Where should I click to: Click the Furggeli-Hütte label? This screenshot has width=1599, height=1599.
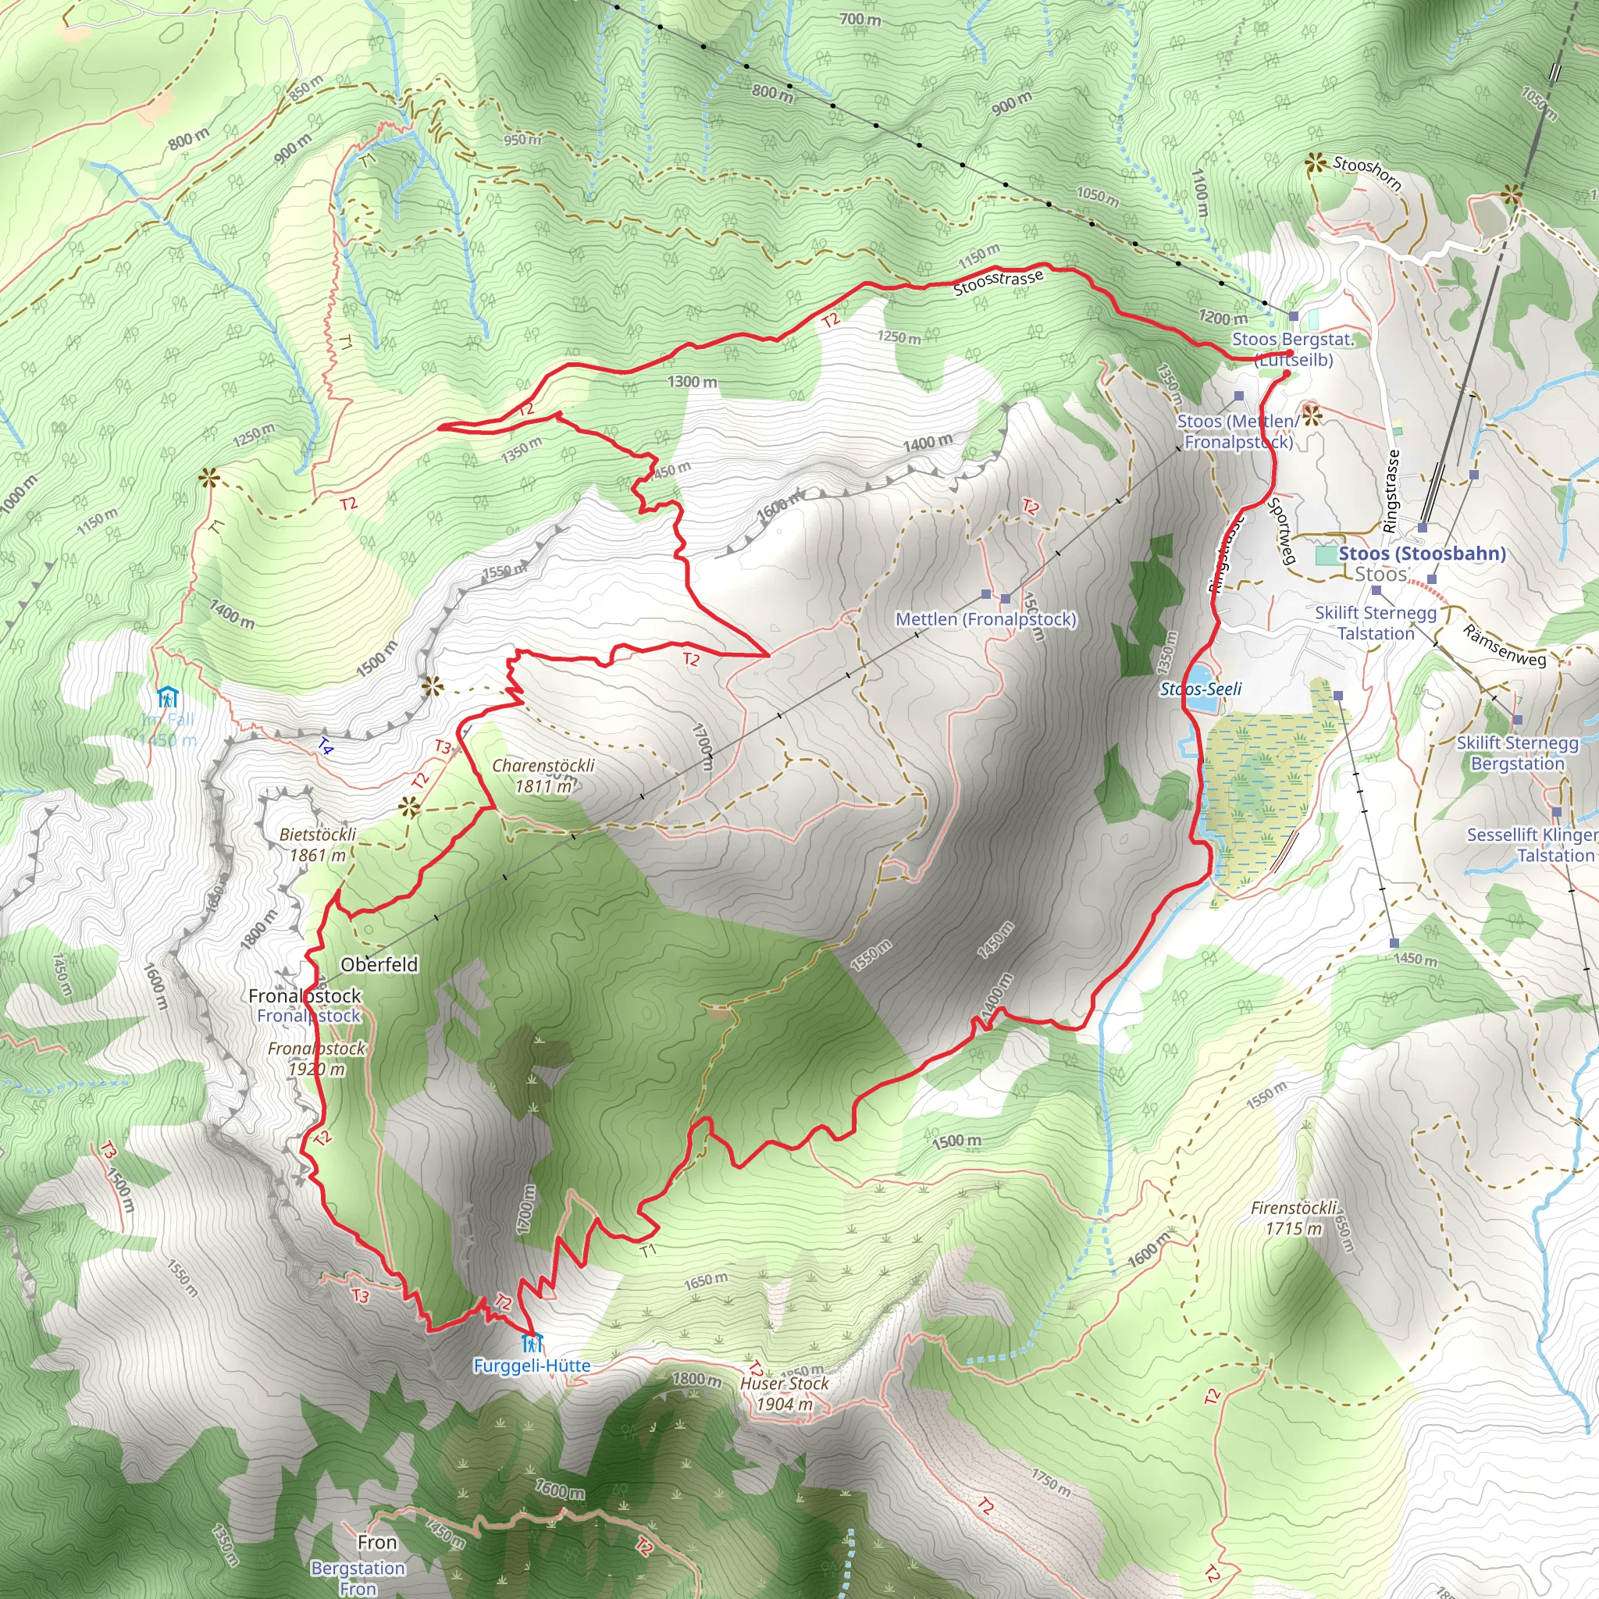pyautogui.click(x=532, y=1366)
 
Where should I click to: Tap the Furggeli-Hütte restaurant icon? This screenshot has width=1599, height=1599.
pyautogui.click(x=532, y=1342)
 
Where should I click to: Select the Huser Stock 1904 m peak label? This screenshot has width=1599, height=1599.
pyautogui.click(x=784, y=1393)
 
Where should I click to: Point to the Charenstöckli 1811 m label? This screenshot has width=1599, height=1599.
pyautogui.click(x=543, y=775)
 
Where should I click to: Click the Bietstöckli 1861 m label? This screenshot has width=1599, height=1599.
pyautogui.click(x=318, y=844)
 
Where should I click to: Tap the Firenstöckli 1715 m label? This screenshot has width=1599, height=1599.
pyautogui.click(x=1294, y=1218)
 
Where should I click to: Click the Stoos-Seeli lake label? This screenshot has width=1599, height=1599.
pyautogui.click(x=1200, y=689)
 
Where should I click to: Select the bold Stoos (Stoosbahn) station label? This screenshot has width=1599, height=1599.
pyautogui.click(x=1421, y=554)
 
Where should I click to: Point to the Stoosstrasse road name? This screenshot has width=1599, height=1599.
pyautogui.click(x=998, y=282)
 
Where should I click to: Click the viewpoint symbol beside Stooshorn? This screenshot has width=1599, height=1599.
pyautogui.click(x=1313, y=164)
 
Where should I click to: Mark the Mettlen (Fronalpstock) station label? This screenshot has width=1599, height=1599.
pyautogui.click(x=986, y=619)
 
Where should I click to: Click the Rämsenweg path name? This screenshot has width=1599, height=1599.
pyautogui.click(x=1504, y=646)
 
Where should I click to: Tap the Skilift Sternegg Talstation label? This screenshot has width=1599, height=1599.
pyautogui.click(x=1376, y=623)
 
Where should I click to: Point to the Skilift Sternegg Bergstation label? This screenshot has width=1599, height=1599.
pyautogui.click(x=1517, y=753)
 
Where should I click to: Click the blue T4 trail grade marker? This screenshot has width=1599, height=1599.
pyautogui.click(x=326, y=746)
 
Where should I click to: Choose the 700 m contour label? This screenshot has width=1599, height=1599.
pyautogui.click(x=860, y=18)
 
